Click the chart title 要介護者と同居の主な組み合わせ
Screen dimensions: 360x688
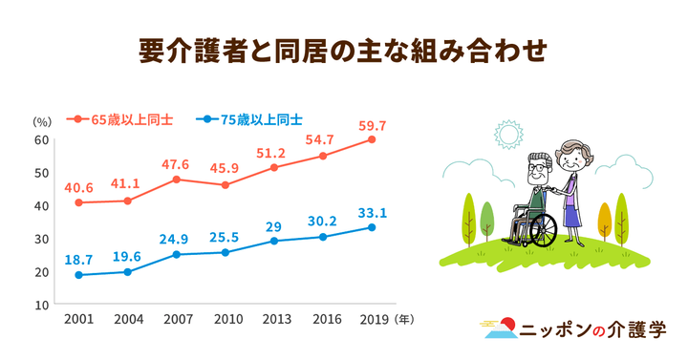(x=343, y=48)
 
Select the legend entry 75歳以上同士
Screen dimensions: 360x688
(x=252, y=119)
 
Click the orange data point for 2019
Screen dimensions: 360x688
(x=372, y=139)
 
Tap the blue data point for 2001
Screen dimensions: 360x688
(x=78, y=275)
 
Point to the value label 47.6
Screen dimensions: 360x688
(x=176, y=164)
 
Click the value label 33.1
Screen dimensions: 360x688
(x=372, y=213)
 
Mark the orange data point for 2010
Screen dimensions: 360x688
(x=226, y=184)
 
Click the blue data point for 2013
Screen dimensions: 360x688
(x=274, y=241)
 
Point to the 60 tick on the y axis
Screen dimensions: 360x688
(x=42, y=139)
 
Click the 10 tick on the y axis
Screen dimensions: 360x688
(x=42, y=305)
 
